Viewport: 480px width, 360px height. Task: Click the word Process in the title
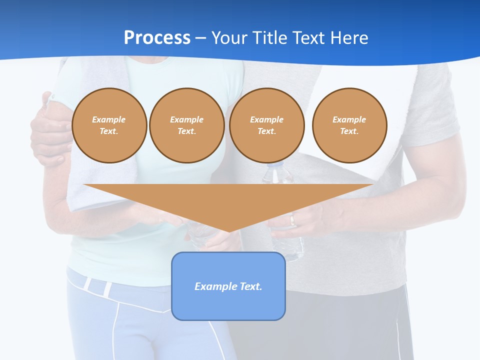coord(157,38)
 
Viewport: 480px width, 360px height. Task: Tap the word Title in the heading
coord(272,38)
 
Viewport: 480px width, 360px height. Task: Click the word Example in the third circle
coord(266,119)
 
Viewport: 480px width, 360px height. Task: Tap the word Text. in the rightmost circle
coord(349,131)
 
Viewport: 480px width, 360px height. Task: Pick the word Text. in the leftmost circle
coord(109,131)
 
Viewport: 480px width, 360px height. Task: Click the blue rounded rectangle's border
coord(172,286)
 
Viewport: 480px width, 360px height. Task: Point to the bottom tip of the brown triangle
coord(229,231)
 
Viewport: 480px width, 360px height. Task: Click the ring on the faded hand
coord(293,220)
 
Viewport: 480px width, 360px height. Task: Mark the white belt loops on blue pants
coord(97,286)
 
